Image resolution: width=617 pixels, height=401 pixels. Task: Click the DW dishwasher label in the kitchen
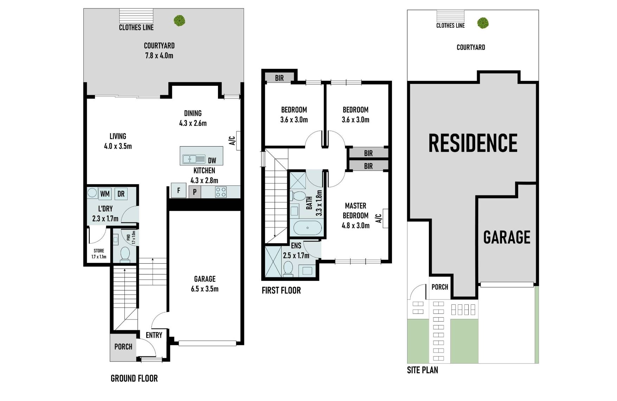(x=212, y=161)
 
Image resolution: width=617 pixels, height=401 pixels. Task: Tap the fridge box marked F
(x=179, y=190)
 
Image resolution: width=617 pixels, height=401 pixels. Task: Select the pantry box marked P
(x=195, y=192)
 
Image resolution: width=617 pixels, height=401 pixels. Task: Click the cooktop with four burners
(x=221, y=192)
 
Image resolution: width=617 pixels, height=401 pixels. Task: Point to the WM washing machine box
(x=105, y=194)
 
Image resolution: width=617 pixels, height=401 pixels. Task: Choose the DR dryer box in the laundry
(x=121, y=194)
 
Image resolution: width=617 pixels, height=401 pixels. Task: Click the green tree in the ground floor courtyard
(x=179, y=20)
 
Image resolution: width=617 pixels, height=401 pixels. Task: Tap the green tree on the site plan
(x=483, y=23)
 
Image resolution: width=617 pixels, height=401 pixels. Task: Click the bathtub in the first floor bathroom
(x=307, y=228)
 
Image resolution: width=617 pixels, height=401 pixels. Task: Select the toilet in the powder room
(x=125, y=254)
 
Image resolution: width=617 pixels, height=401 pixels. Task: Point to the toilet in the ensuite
(x=288, y=269)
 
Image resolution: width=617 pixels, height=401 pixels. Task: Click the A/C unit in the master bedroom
(x=385, y=218)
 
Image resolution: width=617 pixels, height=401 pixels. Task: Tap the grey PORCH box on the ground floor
(x=123, y=347)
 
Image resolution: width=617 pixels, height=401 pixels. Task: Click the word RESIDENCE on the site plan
(x=473, y=143)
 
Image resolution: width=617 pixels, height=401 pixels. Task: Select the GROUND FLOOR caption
(x=134, y=378)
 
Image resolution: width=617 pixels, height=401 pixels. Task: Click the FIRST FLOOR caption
(x=281, y=290)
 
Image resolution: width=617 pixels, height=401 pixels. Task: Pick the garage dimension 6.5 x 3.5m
(x=205, y=289)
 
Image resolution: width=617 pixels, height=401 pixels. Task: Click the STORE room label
(x=99, y=251)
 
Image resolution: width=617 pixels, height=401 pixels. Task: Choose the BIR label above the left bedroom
(x=279, y=78)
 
